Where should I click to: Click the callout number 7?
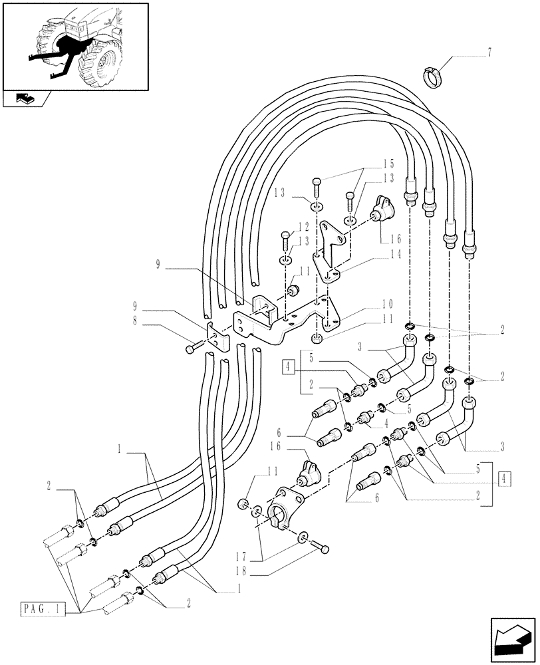coord(490,53)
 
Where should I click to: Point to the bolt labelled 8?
coord(193,348)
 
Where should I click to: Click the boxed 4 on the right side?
coord(505,478)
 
